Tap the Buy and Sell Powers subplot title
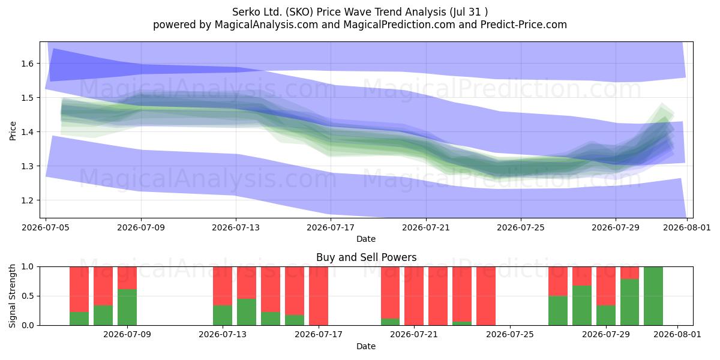click(x=366, y=257)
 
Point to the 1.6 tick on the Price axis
click(x=28, y=64)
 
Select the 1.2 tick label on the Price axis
click(x=28, y=200)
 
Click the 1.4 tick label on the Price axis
click(x=28, y=132)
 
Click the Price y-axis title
click(x=13, y=131)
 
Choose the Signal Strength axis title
click(x=12, y=296)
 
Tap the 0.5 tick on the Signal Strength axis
click(x=28, y=296)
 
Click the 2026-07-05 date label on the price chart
click(x=46, y=227)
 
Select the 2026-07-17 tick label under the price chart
click(x=331, y=227)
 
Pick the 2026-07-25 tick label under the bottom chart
click(x=510, y=335)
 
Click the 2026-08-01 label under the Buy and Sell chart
click(x=677, y=335)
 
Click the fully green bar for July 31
click(x=653, y=296)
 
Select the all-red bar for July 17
click(x=319, y=296)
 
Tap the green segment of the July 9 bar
click(x=127, y=307)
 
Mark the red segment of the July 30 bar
click(x=629, y=273)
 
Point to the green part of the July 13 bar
click(x=223, y=316)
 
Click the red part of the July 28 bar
click(x=582, y=276)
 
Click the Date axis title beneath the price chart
click(x=366, y=239)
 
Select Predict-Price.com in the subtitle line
click(x=524, y=25)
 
